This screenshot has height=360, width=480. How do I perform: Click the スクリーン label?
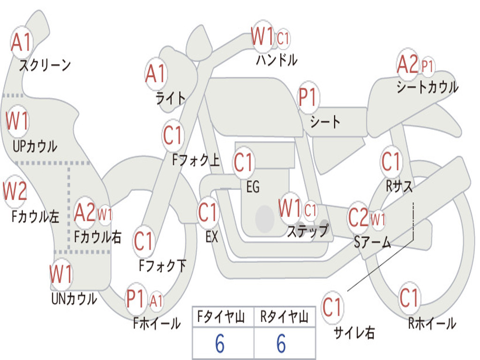coord(45,65)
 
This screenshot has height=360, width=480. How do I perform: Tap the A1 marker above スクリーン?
coord(21,42)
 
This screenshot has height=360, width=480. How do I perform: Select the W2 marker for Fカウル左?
coord(15,191)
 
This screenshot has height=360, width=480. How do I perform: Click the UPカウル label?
coord(35,147)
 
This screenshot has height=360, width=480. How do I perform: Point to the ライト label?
coord(171,98)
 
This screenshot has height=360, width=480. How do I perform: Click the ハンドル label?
coord(277,60)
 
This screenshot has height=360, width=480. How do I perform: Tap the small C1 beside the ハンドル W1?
coord(283,38)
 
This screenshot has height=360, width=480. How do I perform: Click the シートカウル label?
coord(427,87)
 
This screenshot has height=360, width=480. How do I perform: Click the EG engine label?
coord(253,187)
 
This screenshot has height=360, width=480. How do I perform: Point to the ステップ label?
coord(307,231)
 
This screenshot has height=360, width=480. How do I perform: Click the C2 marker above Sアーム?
coord(358,217)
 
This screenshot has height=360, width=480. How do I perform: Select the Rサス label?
coord(399,186)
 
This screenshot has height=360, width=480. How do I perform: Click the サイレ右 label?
coord(354,332)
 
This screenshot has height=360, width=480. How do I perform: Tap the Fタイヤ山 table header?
coord(221,317)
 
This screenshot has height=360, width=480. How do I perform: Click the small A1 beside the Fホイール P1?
coord(156,300)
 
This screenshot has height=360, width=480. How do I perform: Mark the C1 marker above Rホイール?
coord(409,298)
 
